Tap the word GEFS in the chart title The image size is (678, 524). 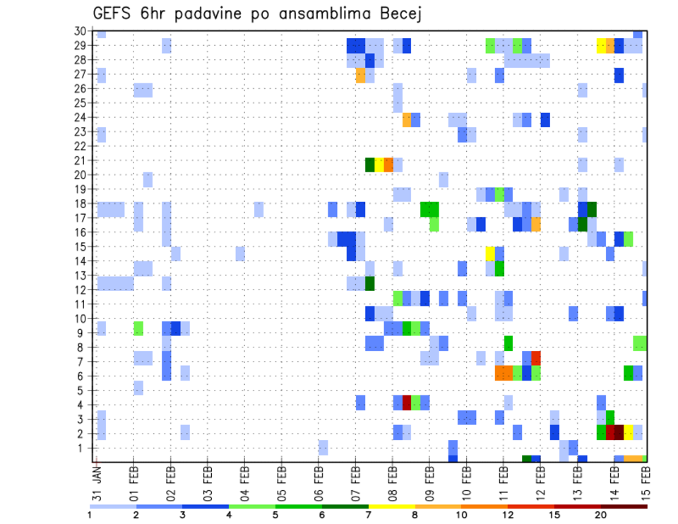coord(114,14)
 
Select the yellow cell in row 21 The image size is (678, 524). coord(379,165)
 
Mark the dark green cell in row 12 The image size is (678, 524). coord(370,283)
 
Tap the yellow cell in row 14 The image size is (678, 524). coord(490,254)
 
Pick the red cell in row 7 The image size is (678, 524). coord(536,357)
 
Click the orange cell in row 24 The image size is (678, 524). coord(407,119)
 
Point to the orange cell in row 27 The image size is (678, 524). coord(361,75)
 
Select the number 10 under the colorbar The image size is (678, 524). coord(461,513)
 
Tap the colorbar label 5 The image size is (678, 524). coord(275,513)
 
